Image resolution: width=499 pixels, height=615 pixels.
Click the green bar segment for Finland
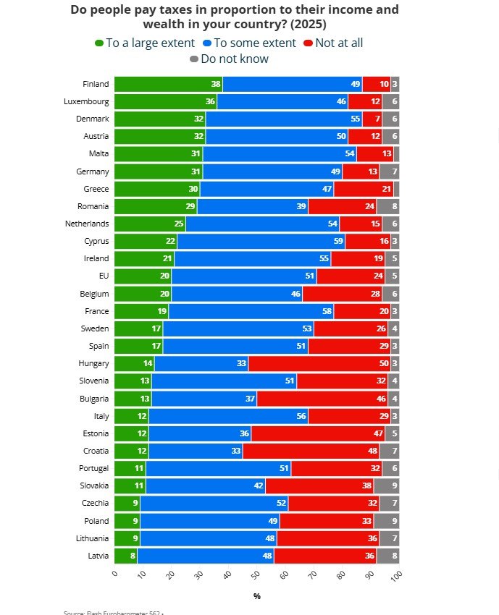pyautogui.click(x=168, y=84)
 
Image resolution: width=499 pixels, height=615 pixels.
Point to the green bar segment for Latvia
pyautogui.click(x=125, y=556)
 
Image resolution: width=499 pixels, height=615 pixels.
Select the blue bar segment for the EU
pyautogui.click(x=244, y=276)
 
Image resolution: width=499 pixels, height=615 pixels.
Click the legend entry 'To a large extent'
pyautogui.click(x=144, y=43)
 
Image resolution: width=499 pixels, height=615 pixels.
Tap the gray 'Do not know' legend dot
pyautogui.click(x=193, y=59)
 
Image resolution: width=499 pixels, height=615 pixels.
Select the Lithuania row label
pyautogui.click(x=91, y=538)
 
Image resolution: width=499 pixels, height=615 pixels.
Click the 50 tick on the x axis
pyautogui.click(x=256, y=574)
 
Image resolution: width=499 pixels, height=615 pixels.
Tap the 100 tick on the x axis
pyautogui.click(x=397, y=575)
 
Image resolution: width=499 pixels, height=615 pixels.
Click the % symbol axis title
pyautogui.click(x=256, y=596)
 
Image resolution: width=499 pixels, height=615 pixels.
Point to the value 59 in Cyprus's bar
pyautogui.click(x=337, y=241)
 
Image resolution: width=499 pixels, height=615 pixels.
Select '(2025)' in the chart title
pyautogui.click(x=303, y=24)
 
